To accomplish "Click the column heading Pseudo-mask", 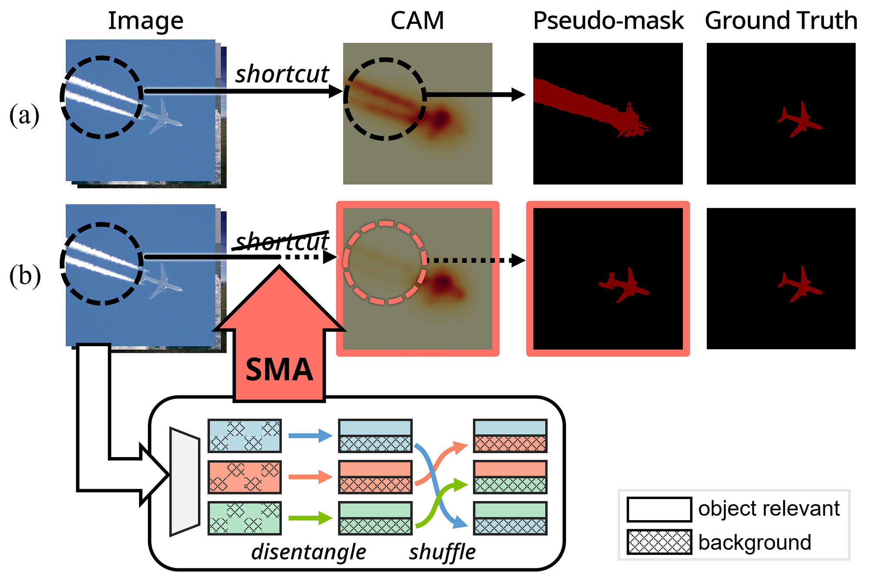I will pos(608,21).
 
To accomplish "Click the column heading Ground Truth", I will pos(781,21).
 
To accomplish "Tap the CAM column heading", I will pos(417,21).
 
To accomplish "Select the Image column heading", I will pos(146,21).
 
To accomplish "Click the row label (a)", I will pos(24,116).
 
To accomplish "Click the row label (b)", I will pos(25,276).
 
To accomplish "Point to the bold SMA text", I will pos(279,370).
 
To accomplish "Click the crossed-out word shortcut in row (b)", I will pos(282,242).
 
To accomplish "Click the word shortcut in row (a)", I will pos(282,74).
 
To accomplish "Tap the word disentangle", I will pos(308,552).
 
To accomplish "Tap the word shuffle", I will pos(442,552).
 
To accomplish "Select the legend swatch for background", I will pos(659,542).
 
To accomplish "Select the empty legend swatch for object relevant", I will pos(659,509).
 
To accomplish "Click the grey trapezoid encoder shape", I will pos(184,481).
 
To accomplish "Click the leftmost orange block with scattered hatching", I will pos(244,477).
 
